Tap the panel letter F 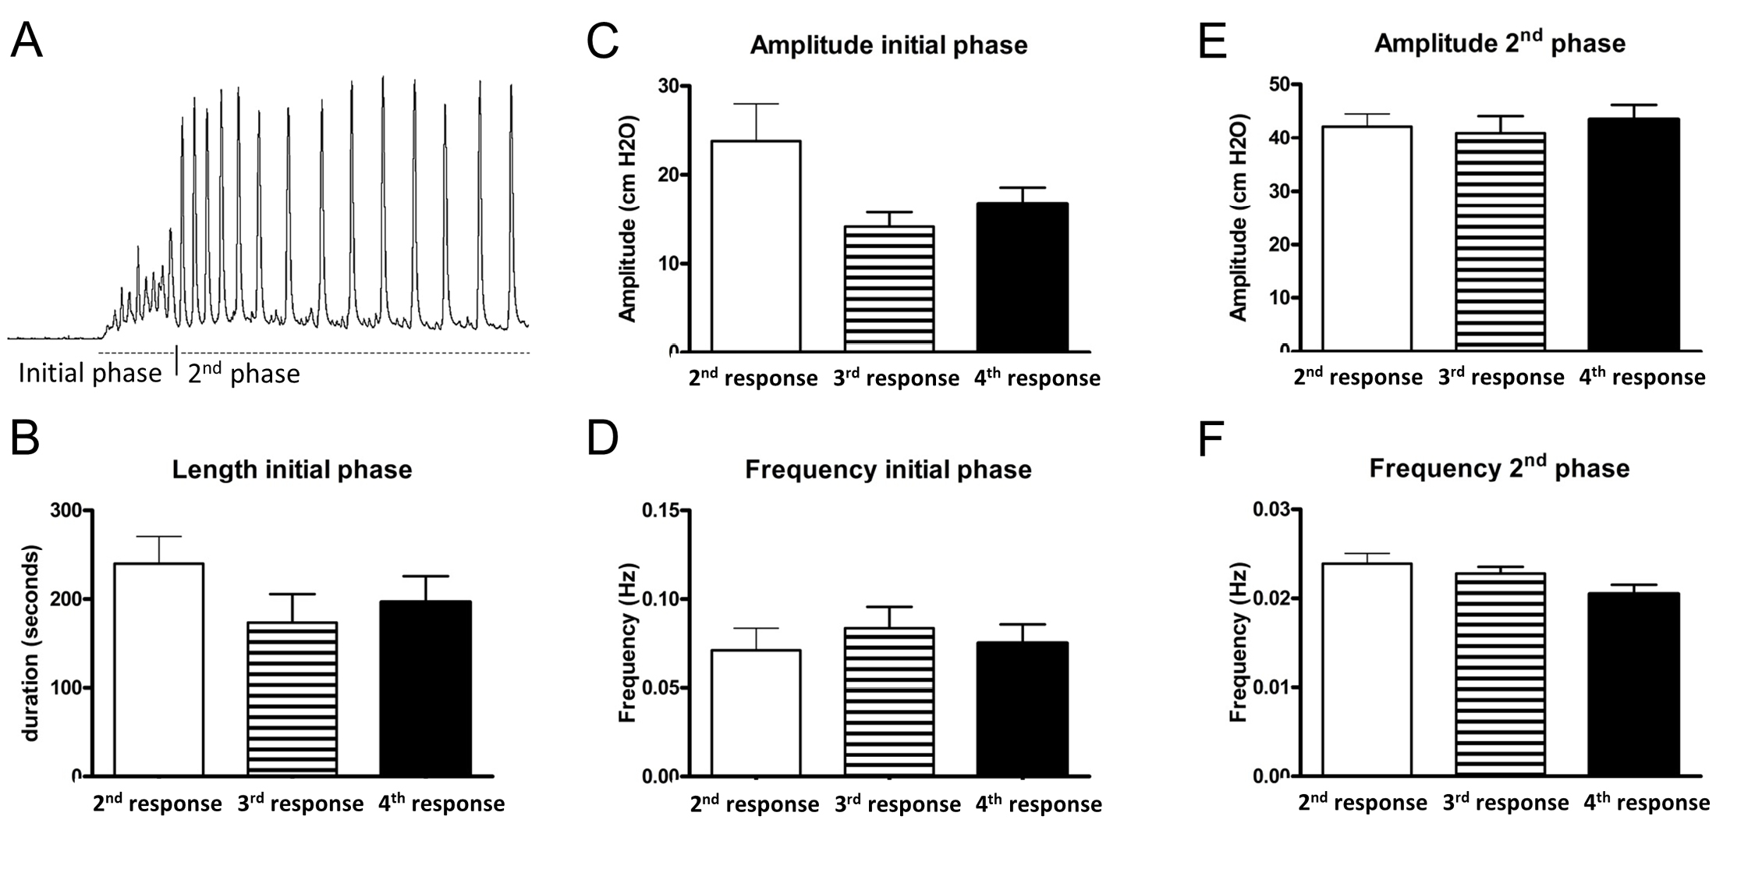1210,440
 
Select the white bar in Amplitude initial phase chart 755,246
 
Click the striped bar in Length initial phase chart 292,698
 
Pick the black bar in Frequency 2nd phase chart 1633,684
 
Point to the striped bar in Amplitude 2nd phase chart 1500,242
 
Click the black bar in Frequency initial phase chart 1022,709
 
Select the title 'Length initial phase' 292,470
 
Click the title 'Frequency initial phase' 888,470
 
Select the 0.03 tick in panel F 1271,510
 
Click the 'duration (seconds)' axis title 31,644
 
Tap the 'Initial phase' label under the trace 90,374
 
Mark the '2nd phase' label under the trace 243,374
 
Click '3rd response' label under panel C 895,378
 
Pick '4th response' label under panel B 441,804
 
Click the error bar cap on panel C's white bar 755,104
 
